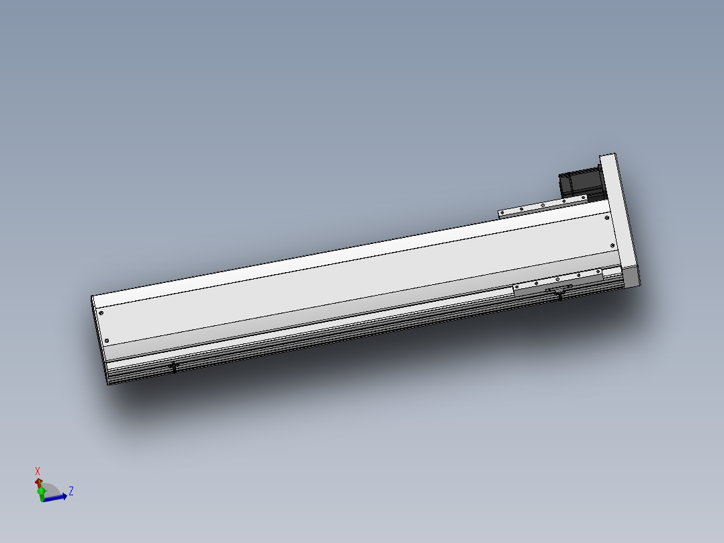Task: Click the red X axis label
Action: click(38, 471)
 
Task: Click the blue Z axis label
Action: click(71, 491)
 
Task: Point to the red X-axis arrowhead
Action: click(38, 482)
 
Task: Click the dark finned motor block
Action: click(577, 184)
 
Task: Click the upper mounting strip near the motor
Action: click(543, 206)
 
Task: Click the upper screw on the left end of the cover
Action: click(101, 312)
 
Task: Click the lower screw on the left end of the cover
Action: click(105, 341)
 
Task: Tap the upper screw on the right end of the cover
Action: click(607, 218)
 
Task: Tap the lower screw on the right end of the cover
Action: click(612, 245)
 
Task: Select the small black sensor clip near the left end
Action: click(175, 366)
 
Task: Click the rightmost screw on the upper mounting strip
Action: click(584, 198)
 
